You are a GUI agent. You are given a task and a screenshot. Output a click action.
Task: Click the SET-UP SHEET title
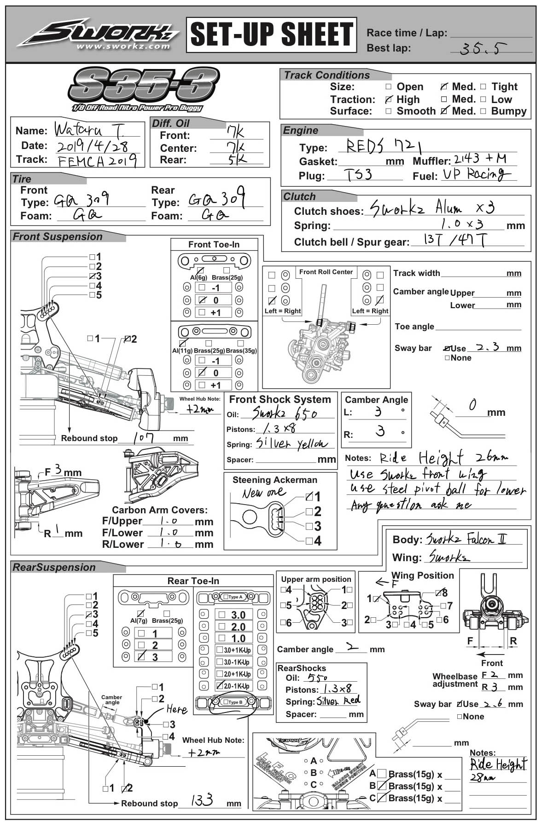[x=271, y=35]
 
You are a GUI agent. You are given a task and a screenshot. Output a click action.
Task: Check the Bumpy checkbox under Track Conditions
[x=483, y=111]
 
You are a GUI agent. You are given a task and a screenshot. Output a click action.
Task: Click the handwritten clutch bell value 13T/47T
[x=454, y=240]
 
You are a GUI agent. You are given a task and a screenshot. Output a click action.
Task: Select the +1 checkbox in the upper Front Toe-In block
[x=202, y=312]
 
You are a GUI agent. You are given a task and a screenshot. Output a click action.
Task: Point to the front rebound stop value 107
[x=144, y=437]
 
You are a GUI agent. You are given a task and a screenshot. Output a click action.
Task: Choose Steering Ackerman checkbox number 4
[x=309, y=541]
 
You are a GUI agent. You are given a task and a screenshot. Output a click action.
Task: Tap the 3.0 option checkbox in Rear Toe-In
[x=222, y=615]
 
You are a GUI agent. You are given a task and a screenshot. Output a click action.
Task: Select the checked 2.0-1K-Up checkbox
[x=220, y=686]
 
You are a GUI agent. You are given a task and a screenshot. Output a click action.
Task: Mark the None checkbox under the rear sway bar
[x=460, y=716]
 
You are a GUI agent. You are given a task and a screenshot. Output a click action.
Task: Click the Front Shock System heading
[x=280, y=399]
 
